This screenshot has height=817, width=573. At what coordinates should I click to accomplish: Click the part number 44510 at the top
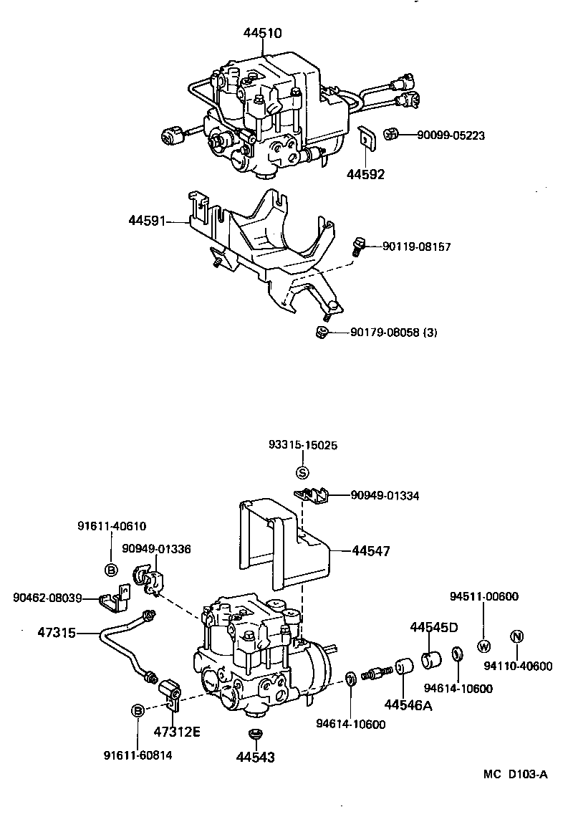coord(262,32)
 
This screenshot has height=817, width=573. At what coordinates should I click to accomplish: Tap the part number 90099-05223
coord(442,134)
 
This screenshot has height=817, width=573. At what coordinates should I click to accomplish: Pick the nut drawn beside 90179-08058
coord(322,331)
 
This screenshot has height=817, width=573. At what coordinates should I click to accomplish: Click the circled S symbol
coord(302,472)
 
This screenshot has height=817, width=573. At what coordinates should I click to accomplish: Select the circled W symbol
coord(483,645)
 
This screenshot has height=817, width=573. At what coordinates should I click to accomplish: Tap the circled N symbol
coord(516,636)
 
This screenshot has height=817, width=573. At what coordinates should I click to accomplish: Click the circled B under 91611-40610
coord(111,570)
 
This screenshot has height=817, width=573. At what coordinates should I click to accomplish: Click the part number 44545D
coord(434,627)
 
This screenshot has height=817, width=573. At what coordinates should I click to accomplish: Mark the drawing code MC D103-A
coord(515,774)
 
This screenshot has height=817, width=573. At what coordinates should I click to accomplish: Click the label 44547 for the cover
coord(371,551)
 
